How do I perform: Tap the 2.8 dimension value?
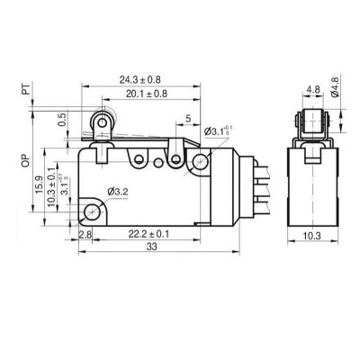tap(85, 235)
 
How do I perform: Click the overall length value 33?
tap(153, 247)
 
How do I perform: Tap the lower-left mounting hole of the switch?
tap(93, 213)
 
